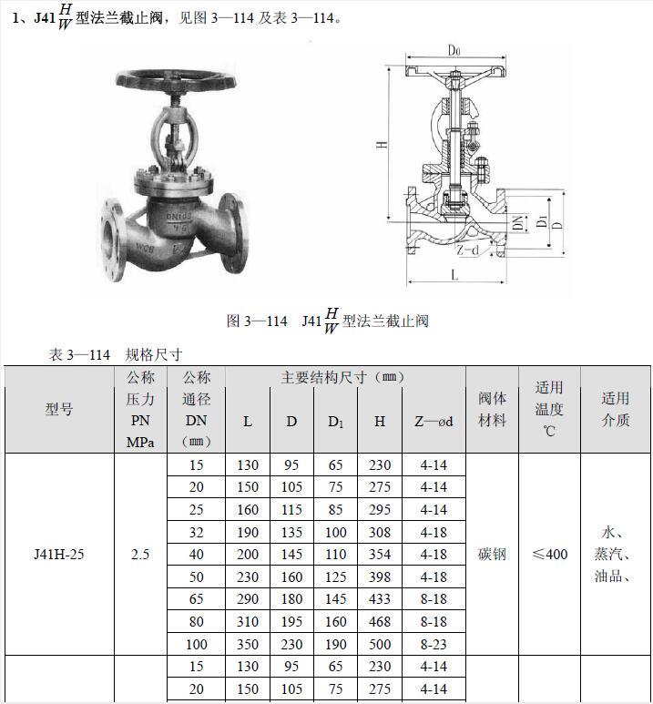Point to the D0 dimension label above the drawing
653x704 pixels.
point(454,50)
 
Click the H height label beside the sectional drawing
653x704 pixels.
point(382,144)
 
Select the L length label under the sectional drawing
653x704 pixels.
point(454,274)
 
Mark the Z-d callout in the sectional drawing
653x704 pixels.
point(468,250)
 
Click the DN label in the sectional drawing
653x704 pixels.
point(518,222)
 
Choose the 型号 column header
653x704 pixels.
point(59,409)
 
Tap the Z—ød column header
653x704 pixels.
point(434,421)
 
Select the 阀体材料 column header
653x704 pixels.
point(492,409)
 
